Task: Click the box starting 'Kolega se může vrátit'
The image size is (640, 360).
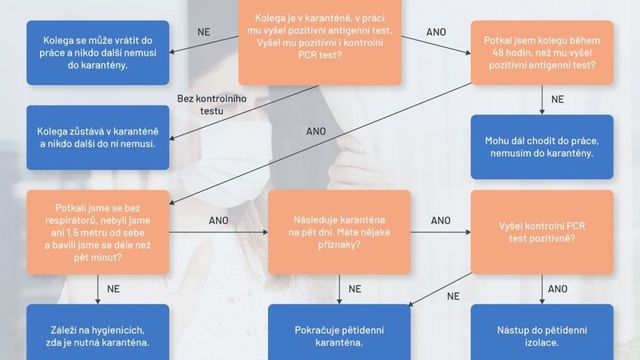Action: click(98, 53)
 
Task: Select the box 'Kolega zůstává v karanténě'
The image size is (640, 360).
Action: click(98, 138)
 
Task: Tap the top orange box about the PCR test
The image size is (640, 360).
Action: click(320, 42)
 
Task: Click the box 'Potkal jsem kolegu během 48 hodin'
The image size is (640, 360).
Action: click(542, 53)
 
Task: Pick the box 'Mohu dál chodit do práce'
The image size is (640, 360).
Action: click(542, 147)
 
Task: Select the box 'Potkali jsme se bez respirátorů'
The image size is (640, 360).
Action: click(98, 232)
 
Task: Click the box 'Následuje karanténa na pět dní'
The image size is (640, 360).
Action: click(339, 232)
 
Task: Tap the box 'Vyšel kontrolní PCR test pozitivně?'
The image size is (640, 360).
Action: click(542, 232)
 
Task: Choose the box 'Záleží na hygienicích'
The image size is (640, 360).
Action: click(98, 332)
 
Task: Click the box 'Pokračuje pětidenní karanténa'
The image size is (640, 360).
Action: click(339, 332)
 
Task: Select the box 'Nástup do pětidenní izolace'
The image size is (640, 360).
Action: click(542, 332)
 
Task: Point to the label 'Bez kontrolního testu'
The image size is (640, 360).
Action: click(212, 105)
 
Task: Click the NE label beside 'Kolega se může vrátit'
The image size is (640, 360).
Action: click(204, 32)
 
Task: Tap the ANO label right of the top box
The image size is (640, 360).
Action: click(436, 32)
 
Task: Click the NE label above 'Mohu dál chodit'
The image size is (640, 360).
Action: click(558, 99)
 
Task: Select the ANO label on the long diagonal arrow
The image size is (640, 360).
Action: click(316, 131)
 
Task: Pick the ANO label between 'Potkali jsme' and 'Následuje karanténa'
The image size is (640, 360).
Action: click(218, 221)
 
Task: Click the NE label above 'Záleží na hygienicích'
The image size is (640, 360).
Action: click(114, 289)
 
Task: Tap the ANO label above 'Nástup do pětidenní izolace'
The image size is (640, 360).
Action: click(558, 289)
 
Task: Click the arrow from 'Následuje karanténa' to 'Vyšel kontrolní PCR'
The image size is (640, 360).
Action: click(441, 232)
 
